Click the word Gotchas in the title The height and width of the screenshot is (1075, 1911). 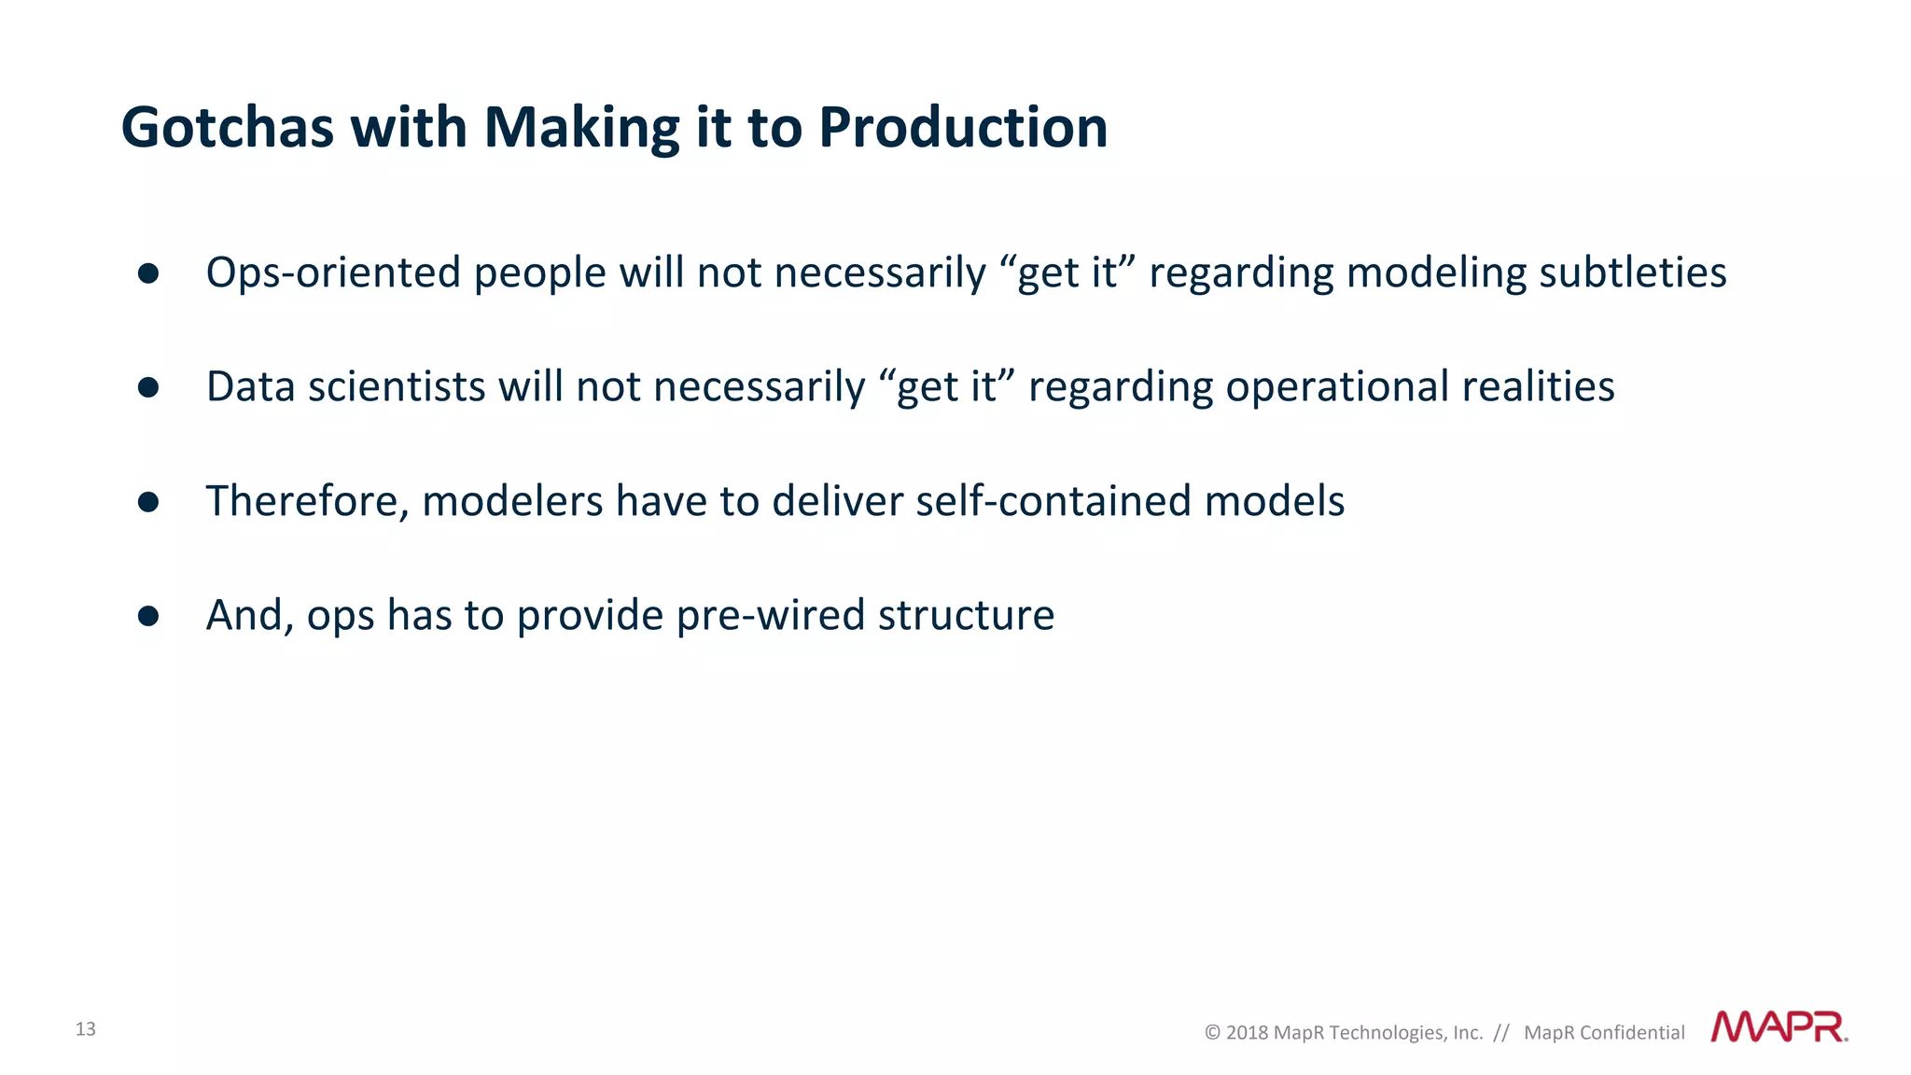[228, 128]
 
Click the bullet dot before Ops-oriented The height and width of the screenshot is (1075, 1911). [148, 273]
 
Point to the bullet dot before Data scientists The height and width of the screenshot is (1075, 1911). [148, 387]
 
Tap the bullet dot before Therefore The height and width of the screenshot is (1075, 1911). [148, 502]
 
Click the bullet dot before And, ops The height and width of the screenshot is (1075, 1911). [148, 616]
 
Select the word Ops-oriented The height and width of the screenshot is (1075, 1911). [333, 273]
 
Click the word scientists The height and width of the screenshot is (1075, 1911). [397, 387]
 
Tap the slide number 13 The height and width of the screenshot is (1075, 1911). [86, 1029]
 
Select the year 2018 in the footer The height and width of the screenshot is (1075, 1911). [1247, 1033]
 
